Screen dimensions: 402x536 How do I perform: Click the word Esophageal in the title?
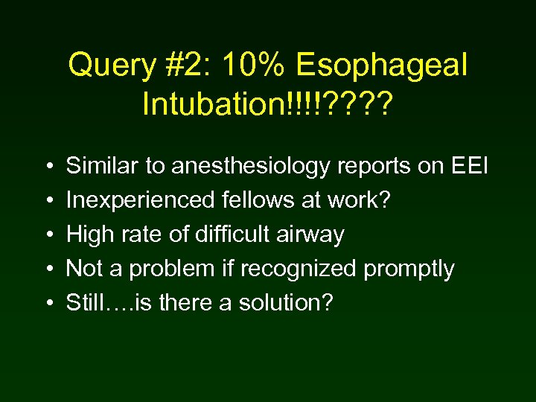pyautogui.click(x=381, y=66)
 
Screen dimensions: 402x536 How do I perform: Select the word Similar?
pyautogui.click(x=104, y=166)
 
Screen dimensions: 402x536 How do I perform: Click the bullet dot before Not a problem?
pyautogui.click(x=47, y=269)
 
